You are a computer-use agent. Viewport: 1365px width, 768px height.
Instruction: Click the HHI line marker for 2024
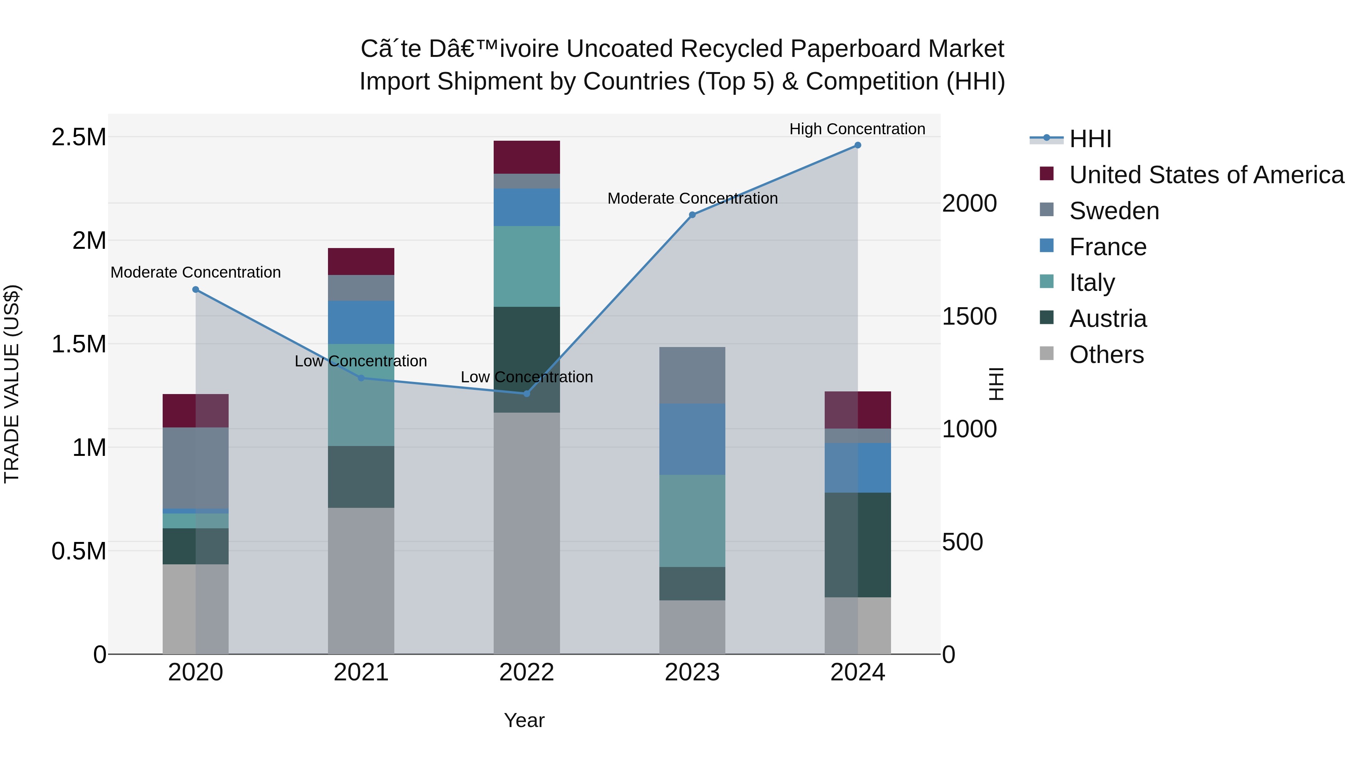pyautogui.click(x=857, y=145)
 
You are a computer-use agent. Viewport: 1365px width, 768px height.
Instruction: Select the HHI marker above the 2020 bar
pyautogui.click(x=196, y=289)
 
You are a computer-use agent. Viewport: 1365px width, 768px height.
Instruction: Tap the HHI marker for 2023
pyautogui.click(x=692, y=215)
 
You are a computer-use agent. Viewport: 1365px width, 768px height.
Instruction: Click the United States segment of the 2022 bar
pyautogui.click(x=527, y=157)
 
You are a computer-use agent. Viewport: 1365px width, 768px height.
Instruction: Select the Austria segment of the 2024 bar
pyautogui.click(x=857, y=545)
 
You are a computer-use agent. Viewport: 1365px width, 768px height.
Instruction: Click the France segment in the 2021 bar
pyautogui.click(x=361, y=322)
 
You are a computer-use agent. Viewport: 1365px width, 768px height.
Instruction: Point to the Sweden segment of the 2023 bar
pyautogui.click(x=692, y=375)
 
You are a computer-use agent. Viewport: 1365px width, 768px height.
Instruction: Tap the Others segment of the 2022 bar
pyautogui.click(x=527, y=533)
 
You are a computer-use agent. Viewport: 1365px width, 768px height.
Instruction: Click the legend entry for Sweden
pyautogui.click(x=1114, y=211)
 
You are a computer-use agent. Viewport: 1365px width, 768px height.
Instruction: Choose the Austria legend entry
pyautogui.click(x=1108, y=319)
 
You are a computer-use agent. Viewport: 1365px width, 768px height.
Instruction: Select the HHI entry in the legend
pyautogui.click(x=1089, y=139)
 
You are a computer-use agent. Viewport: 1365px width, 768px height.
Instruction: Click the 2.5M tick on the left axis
pyautogui.click(x=78, y=137)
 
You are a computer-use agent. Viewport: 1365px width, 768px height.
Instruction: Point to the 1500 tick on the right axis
pyautogui.click(x=969, y=316)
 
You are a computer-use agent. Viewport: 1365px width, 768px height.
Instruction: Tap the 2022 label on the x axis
pyautogui.click(x=527, y=672)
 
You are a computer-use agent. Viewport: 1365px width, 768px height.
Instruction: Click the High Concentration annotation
pyautogui.click(x=857, y=129)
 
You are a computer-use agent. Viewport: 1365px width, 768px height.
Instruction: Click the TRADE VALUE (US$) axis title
pyautogui.click(x=12, y=384)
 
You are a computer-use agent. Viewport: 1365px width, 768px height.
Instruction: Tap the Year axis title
pyautogui.click(x=524, y=720)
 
